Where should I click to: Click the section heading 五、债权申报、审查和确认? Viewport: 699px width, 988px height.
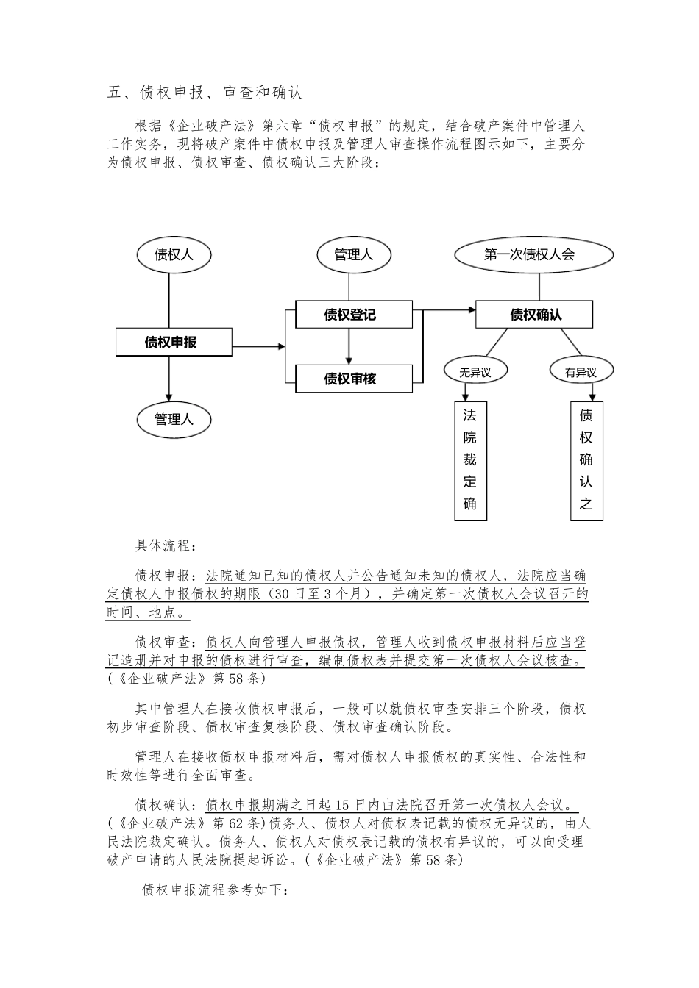point(204,93)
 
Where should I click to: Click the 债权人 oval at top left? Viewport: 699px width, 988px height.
point(174,254)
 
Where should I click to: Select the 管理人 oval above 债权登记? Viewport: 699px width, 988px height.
point(353,254)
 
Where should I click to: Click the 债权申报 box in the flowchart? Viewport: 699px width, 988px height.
point(174,342)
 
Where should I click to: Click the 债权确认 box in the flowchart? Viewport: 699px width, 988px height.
point(533,315)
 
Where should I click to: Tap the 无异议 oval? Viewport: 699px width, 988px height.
point(475,372)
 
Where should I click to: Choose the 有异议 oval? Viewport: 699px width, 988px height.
point(581,372)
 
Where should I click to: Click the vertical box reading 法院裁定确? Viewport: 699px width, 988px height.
point(470,460)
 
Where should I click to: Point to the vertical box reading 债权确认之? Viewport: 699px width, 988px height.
point(586,460)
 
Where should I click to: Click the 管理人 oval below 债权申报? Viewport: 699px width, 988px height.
point(174,420)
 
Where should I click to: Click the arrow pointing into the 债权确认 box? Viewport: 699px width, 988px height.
point(449,310)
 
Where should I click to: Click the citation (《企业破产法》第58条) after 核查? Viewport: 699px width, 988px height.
point(186,679)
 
